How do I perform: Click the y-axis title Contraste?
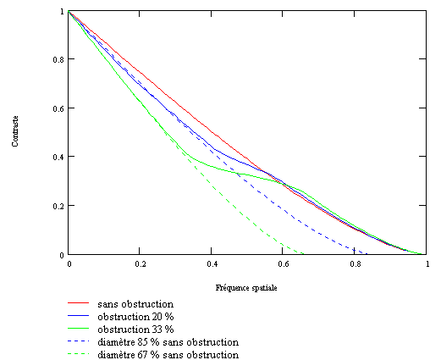(15, 132)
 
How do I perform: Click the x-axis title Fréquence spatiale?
(247, 288)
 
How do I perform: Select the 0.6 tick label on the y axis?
(58, 108)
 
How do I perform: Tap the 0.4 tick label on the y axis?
(58, 157)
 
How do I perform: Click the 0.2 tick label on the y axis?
(58, 206)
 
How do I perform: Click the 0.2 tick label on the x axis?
(141, 263)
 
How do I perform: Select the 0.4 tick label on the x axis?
(212, 263)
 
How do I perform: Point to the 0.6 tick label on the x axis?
(284, 263)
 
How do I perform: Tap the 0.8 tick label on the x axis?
(356, 263)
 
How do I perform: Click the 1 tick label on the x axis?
(427, 263)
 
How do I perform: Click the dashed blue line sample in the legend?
(80, 342)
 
